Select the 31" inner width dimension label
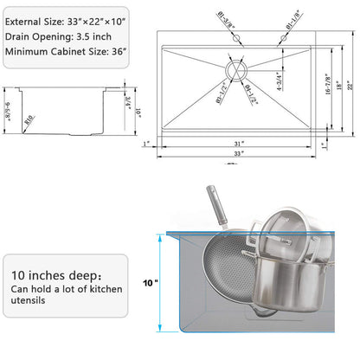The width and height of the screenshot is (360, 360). [x=238, y=143]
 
